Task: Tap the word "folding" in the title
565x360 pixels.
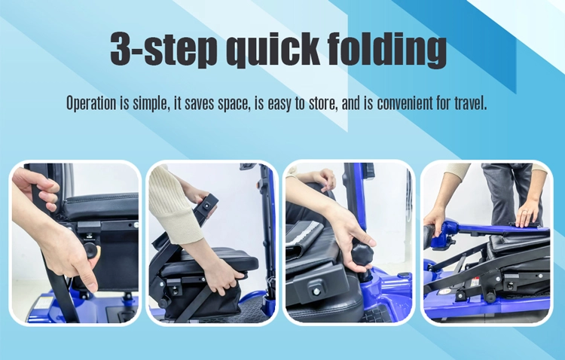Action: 387,49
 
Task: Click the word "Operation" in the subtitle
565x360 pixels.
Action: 91,103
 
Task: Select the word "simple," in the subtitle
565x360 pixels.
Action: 151,104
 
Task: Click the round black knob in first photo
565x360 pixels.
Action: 91,250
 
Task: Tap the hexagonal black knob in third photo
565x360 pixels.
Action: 362,252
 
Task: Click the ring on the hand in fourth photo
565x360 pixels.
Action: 527,212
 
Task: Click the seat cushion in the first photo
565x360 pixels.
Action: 101,206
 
